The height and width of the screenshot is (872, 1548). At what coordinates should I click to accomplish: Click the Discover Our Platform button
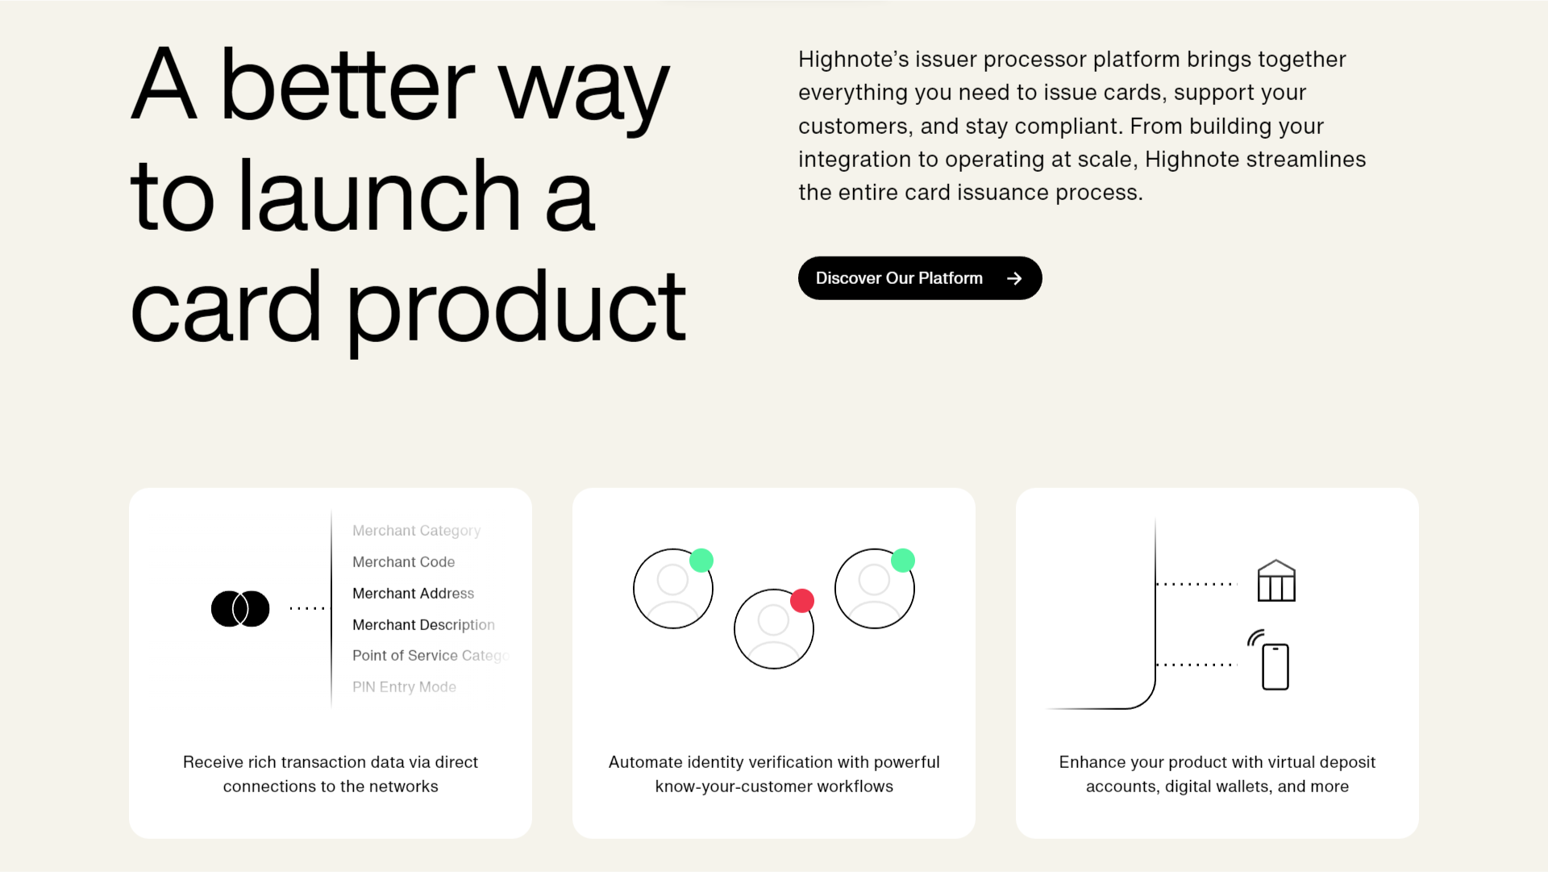(920, 278)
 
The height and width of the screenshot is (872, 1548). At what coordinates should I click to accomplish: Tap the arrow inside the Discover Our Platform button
(1014, 278)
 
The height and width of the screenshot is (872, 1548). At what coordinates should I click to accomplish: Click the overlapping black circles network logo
(240, 609)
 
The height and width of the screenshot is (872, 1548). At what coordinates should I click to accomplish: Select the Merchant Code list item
(403, 562)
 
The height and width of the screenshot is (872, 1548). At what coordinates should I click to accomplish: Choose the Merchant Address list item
(413, 594)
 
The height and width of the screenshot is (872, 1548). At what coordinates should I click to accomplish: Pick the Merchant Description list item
(423, 625)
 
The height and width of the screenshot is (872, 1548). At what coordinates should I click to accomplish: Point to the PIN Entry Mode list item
(404, 687)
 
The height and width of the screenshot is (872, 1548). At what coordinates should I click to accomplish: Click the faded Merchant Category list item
(416, 531)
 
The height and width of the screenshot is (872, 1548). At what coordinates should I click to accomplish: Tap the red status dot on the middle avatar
(802, 601)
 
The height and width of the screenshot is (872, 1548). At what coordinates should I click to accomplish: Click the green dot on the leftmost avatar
(701, 561)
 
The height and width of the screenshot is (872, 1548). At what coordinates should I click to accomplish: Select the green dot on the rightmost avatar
(903, 561)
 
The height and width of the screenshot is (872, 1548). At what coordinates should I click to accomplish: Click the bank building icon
(1276, 581)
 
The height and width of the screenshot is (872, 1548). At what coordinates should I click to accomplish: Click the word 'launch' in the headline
(380, 196)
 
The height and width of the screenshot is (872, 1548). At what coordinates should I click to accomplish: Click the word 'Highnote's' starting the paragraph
(853, 60)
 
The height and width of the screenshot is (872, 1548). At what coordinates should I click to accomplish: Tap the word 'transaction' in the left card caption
(323, 762)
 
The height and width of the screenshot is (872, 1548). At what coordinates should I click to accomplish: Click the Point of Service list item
(431, 656)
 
